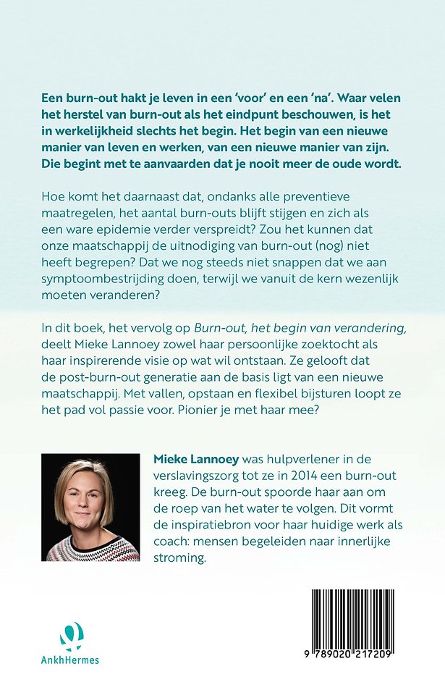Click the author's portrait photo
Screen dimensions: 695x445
click(90, 507)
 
